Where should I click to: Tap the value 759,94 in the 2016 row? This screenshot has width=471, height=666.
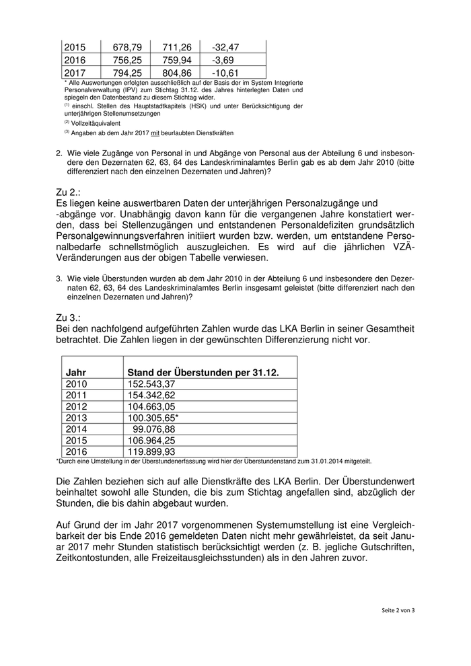point(177,60)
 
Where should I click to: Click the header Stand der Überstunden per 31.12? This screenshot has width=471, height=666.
point(203,372)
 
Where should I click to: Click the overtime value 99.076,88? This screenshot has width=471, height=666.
point(154,429)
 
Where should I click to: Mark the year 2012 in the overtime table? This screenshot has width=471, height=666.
point(77,406)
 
